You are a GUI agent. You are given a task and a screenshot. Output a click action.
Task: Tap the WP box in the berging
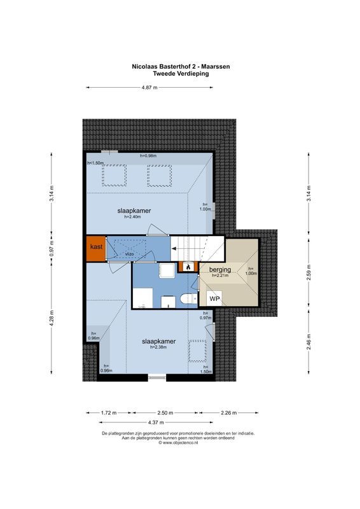pyautogui.click(x=215, y=298)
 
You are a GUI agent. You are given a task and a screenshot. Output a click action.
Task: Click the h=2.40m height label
pyautogui.click(x=132, y=217)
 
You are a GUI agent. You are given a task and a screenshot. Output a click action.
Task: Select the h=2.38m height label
pyautogui.click(x=158, y=347)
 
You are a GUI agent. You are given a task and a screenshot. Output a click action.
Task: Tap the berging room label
pyautogui.click(x=220, y=269)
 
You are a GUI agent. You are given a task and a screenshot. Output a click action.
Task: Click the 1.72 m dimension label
pyautogui.click(x=109, y=413)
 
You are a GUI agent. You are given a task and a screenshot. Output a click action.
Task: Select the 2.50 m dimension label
pyautogui.click(x=167, y=413)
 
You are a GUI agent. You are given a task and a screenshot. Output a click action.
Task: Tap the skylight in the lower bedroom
pyautogui.click(x=200, y=351)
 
